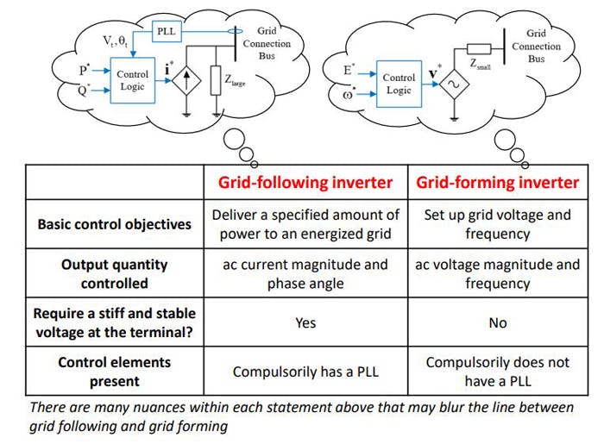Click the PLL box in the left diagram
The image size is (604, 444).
point(165,32)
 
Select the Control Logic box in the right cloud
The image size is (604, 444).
point(398,84)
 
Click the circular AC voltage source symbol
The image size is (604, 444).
point(453,84)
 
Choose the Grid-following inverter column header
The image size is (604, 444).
point(305,182)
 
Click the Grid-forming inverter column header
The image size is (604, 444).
point(497,182)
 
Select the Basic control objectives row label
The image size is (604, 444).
point(114,224)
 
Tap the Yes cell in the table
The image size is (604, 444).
point(305,322)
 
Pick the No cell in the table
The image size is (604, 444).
point(497,322)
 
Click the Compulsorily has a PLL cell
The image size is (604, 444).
point(305,372)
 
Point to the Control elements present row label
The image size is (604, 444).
point(114,371)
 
